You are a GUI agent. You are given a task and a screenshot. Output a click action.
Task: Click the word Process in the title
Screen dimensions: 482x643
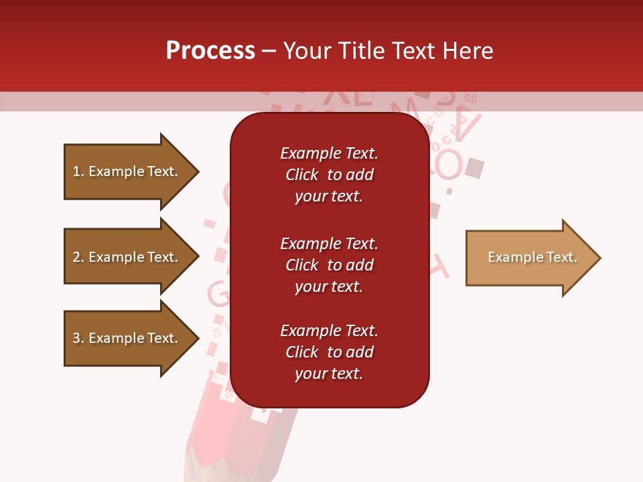pyautogui.click(x=210, y=51)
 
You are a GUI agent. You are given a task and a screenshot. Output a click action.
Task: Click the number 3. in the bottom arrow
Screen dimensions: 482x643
pyautogui.click(x=78, y=339)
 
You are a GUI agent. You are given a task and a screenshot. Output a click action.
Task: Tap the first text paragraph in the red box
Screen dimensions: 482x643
pyautogui.click(x=329, y=175)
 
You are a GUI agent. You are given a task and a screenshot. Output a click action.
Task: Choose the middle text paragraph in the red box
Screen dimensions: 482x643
pyautogui.click(x=329, y=265)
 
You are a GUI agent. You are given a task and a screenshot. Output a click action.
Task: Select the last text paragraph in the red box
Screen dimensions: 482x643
pyautogui.click(x=329, y=352)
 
